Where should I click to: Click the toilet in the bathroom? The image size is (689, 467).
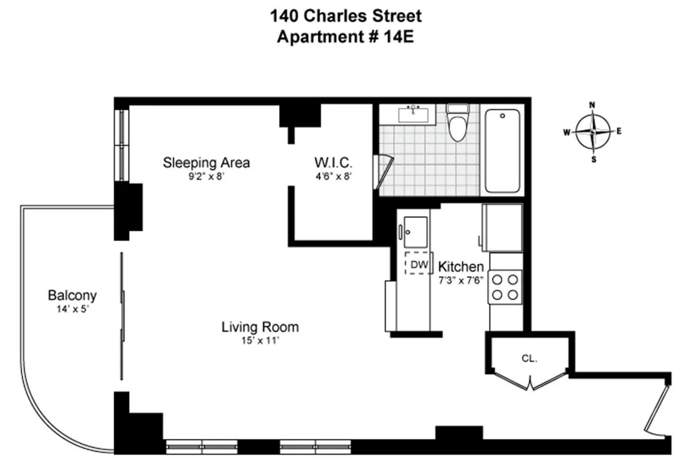(x=458, y=123)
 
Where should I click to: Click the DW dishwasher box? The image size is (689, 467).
(x=417, y=263)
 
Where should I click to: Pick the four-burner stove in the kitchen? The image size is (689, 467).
(x=505, y=287)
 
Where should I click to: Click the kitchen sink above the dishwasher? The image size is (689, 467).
(x=415, y=233)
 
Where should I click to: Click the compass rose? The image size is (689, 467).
(x=593, y=131)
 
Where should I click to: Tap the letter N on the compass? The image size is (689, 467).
(x=593, y=105)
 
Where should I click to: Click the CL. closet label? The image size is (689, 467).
(x=529, y=358)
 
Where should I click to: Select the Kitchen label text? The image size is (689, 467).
(x=460, y=267)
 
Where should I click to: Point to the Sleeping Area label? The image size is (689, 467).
(x=206, y=163)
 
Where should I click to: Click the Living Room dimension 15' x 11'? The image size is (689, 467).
(x=260, y=340)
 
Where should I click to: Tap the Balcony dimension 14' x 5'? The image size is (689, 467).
(x=72, y=308)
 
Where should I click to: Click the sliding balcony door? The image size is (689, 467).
(x=122, y=316)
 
